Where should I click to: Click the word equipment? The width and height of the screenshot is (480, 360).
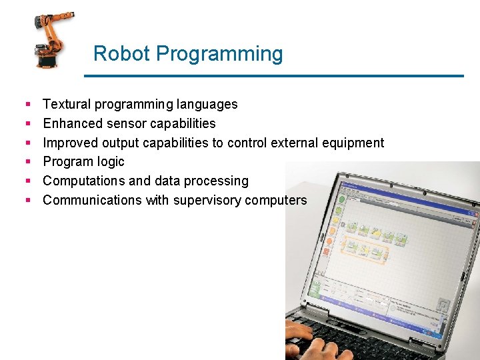353,143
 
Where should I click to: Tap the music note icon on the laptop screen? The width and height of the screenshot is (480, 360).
442,305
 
